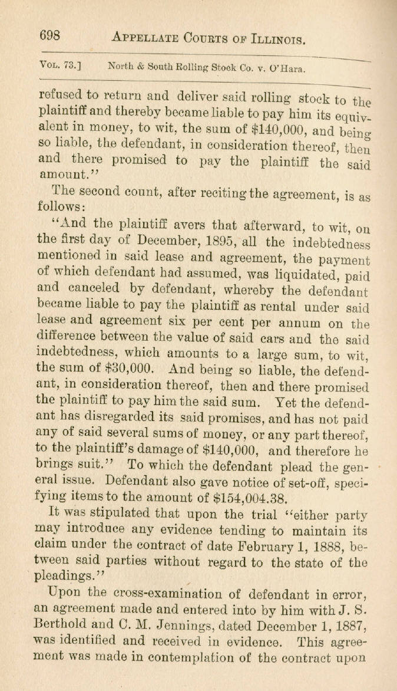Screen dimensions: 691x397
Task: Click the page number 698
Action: pyautogui.click(x=49, y=36)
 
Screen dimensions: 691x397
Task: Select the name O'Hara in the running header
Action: pyautogui.click(x=287, y=68)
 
